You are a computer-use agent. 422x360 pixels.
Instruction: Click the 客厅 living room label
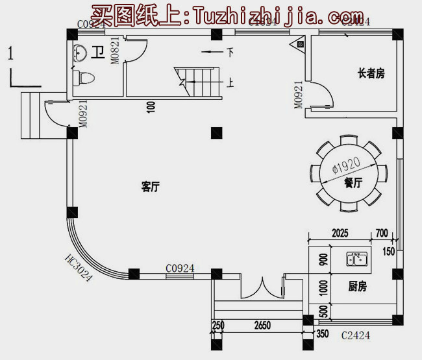coord(151,187)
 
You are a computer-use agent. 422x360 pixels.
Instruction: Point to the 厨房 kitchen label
coord(358,286)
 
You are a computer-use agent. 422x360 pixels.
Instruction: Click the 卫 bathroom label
coord(97,53)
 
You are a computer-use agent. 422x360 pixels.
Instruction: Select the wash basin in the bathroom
coord(81,51)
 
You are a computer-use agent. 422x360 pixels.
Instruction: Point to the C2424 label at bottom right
coord(356,335)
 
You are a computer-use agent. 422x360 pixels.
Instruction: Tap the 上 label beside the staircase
coord(230,82)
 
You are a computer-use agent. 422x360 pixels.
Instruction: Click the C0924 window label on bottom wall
coord(180,268)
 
